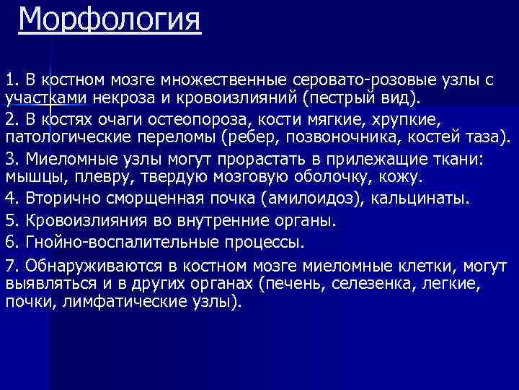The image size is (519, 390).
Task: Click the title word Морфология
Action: (110, 19)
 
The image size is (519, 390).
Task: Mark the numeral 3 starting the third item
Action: (9, 158)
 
